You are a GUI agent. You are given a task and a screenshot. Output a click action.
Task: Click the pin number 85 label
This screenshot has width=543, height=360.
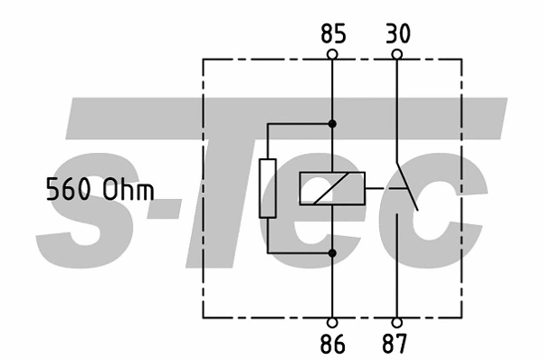[x=332, y=34]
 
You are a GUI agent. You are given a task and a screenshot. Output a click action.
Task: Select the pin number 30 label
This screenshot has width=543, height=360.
[x=396, y=34]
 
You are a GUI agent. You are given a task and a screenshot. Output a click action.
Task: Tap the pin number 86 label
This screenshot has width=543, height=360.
[x=332, y=344]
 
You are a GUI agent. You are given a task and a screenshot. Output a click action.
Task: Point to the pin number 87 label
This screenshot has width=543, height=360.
[x=396, y=344]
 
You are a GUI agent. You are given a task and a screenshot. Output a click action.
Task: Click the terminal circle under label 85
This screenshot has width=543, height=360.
[x=332, y=54]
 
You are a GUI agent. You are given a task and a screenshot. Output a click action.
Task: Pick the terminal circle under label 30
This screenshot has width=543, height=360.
[x=396, y=54]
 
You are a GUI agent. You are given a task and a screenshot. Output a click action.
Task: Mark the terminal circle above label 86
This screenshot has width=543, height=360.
[x=332, y=322]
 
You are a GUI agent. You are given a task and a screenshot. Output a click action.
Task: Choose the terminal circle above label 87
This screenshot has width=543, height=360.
[x=396, y=322]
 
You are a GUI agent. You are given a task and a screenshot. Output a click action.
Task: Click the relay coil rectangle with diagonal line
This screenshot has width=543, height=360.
[x=332, y=188]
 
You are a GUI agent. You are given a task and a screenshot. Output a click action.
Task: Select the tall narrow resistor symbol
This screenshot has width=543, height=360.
[x=269, y=188]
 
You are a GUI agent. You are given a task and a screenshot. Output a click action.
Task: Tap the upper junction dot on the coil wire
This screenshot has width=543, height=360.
[x=332, y=123]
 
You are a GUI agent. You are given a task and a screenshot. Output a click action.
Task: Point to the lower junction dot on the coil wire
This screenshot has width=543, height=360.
[x=332, y=253]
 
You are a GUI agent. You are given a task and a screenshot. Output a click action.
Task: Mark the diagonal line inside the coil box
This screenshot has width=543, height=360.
[x=326, y=189]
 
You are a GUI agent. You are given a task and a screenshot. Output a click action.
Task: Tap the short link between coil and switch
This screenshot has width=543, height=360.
[x=376, y=188]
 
